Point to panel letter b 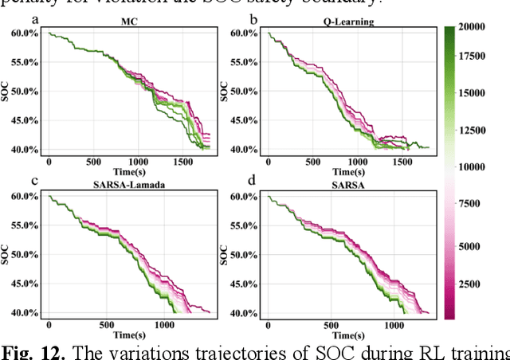click(254, 18)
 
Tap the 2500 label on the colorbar click(479, 283)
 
